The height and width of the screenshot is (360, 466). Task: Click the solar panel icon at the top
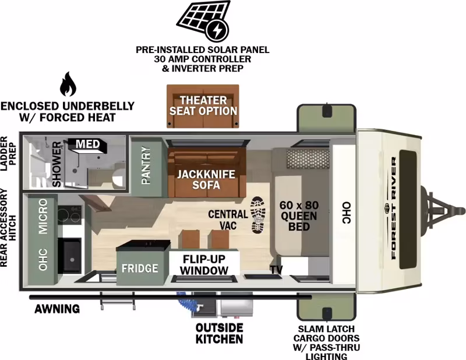click(203, 20)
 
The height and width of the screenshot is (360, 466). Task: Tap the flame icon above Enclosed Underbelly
click(68, 84)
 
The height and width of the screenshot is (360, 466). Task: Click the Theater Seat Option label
click(203, 105)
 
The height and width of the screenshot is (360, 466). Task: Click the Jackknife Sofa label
click(206, 179)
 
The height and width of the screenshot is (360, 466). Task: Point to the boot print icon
click(258, 214)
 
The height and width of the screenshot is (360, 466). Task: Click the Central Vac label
click(228, 220)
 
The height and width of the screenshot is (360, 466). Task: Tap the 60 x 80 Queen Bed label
click(299, 216)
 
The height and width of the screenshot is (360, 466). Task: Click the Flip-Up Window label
click(204, 264)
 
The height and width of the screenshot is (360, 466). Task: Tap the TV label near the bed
click(276, 269)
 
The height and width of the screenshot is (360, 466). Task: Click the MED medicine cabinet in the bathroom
click(88, 145)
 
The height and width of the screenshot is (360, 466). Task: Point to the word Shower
click(57, 164)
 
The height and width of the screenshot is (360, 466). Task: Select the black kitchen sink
click(69, 255)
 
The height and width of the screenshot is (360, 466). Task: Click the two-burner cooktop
click(69, 214)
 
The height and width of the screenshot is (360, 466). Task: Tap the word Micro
click(43, 217)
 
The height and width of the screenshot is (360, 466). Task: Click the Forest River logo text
click(394, 208)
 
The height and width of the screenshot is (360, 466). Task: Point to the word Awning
click(57, 309)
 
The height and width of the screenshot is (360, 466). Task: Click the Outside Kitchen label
click(220, 333)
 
